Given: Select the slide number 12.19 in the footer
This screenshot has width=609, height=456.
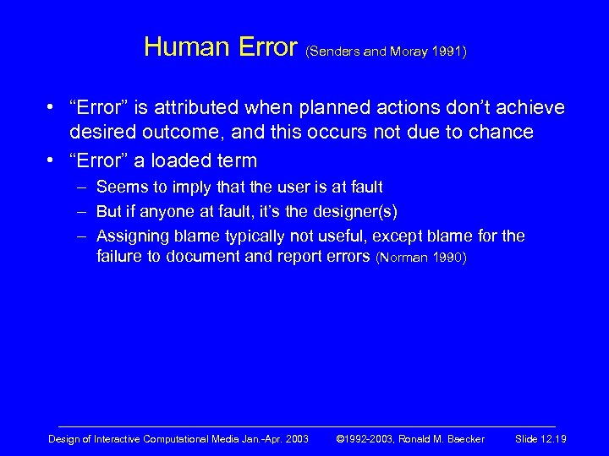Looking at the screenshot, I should [x=553, y=439].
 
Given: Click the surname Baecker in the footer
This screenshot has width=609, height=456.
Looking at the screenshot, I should [x=461, y=439].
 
